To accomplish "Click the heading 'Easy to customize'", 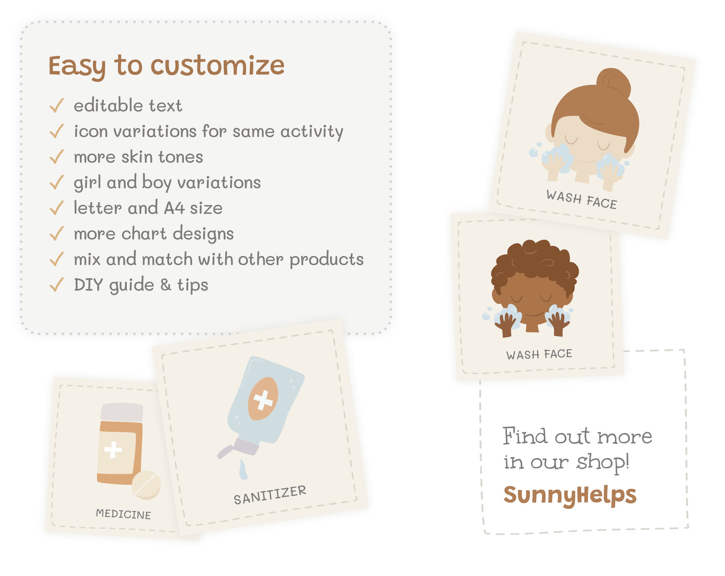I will (x=166, y=66).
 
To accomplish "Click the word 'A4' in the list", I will (x=174, y=208).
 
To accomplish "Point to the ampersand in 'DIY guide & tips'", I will (x=165, y=285).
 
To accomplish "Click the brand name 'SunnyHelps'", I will (x=570, y=495).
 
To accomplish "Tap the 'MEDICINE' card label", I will (x=123, y=514).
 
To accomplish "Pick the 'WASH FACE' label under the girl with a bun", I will (x=582, y=199).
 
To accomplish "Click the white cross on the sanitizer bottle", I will (x=263, y=400).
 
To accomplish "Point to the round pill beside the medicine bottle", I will (x=146, y=484).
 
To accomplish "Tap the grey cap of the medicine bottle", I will (x=122, y=412).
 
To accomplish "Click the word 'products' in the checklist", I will (x=326, y=259).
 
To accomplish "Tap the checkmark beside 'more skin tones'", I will (x=57, y=156).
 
